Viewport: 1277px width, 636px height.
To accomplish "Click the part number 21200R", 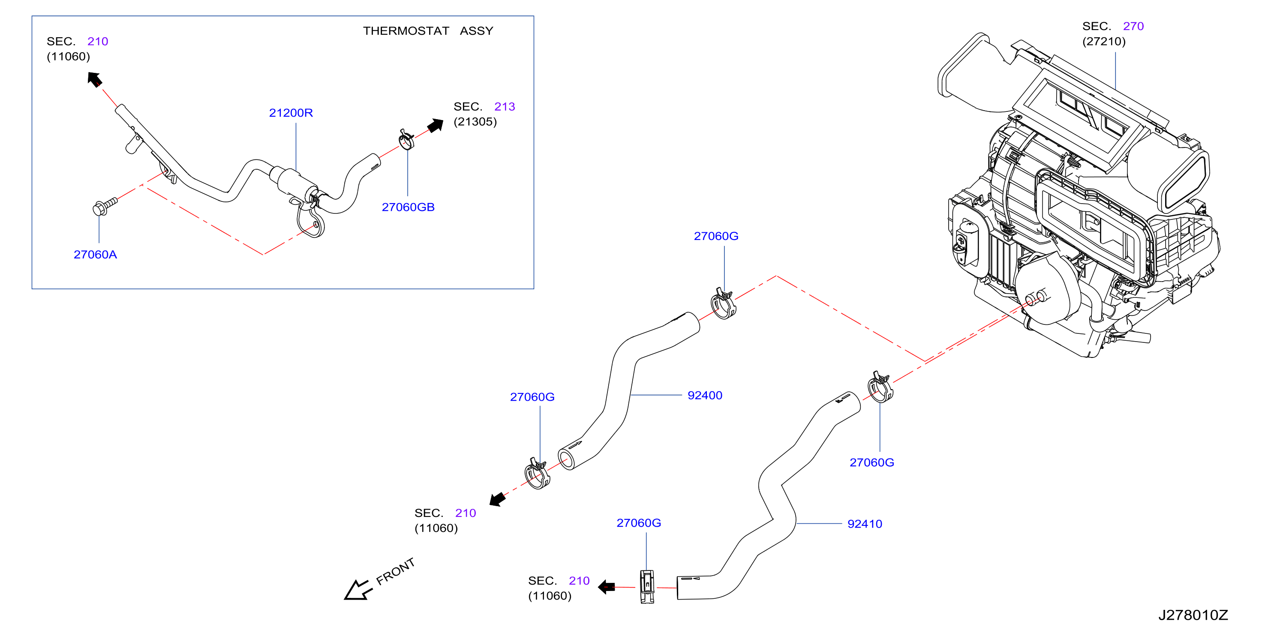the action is (291, 113).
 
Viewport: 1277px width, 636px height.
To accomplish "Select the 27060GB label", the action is (408, 207).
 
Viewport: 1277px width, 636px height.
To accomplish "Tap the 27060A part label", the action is (95, 255).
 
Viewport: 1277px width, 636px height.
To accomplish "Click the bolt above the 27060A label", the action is (105, 206).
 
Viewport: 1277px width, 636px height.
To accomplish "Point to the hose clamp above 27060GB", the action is (406, 139).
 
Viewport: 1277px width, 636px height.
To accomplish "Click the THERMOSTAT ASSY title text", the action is (428, 31).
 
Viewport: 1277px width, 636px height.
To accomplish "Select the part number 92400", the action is (704, 396).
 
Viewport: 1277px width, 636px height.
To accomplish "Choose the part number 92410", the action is (865, 524).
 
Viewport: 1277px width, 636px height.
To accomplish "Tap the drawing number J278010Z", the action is (1193, 615).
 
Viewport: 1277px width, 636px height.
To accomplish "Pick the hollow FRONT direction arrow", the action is (358, 590).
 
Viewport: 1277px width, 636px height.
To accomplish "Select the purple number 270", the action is (1133, 26).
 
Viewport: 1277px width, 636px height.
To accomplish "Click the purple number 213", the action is (505, 107).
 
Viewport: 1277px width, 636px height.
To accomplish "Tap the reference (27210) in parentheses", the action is (1104, 41).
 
